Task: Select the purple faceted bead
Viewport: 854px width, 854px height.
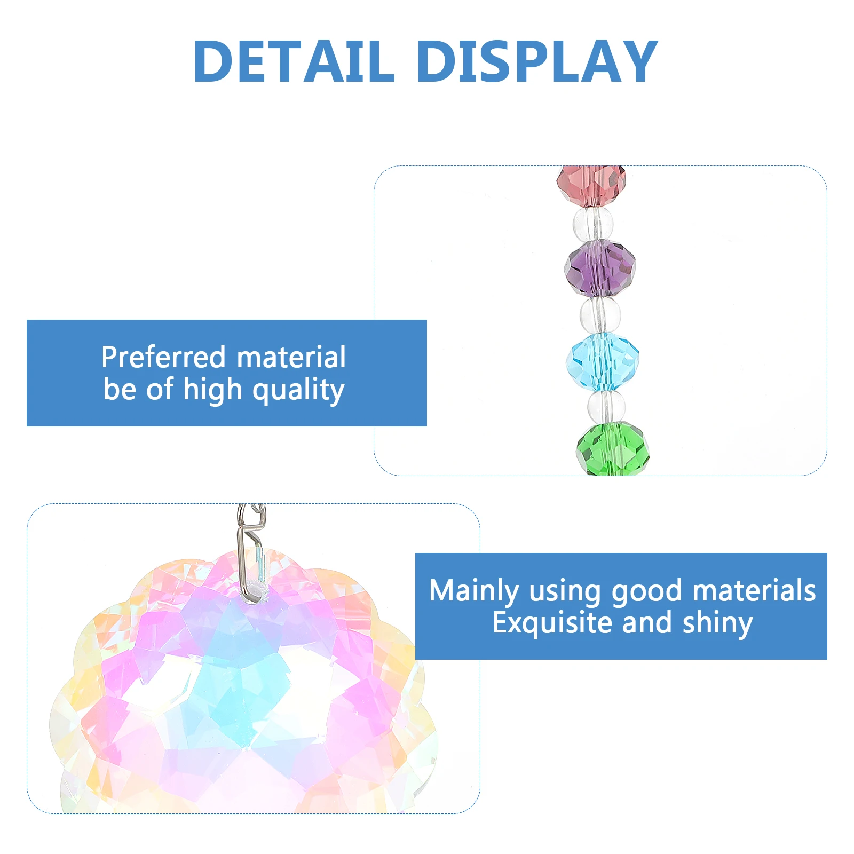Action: [600, 268]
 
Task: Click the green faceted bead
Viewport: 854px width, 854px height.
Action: [613, 449]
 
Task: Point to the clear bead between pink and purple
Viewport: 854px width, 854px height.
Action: [593, 224]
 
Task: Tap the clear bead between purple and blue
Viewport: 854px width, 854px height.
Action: [600, 315]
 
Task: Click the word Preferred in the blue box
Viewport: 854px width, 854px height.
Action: [164, 357]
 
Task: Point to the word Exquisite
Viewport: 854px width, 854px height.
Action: [552, 623]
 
